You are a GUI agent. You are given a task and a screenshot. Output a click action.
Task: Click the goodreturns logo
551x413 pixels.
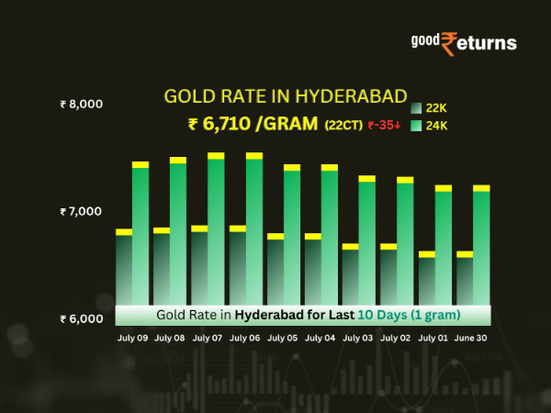[x=464, y=42]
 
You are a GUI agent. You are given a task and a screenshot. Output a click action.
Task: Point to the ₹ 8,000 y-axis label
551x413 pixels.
[x=81, y=104]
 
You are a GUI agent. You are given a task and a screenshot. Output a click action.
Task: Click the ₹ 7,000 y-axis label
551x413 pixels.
[x=81, y=212]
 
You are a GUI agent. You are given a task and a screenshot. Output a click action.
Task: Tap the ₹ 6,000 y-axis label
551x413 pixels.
[x=81, y=319]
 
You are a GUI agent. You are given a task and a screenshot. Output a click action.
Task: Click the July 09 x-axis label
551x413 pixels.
[x=132, y=338]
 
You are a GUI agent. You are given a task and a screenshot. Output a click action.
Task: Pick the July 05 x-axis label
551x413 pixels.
[x=283, y=338]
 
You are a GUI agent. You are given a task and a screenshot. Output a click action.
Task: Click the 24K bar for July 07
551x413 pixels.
[x=216, y=229]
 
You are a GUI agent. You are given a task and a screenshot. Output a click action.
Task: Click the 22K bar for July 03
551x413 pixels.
[x=350, y=275]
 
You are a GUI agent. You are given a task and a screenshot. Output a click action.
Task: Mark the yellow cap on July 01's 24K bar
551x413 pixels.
[x=444, y=188]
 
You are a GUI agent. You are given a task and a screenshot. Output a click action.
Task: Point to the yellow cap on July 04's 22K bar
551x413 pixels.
[x=312, y=237]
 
